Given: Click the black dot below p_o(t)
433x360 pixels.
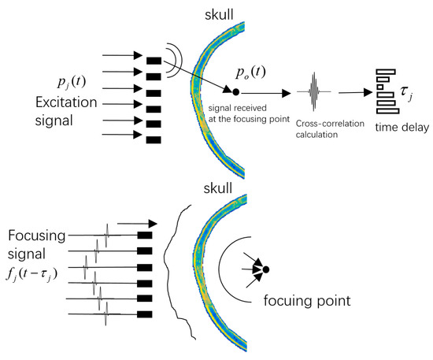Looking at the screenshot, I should pyautogui.click(x=236, y=93).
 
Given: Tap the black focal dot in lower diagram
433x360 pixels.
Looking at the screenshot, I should pyautogui.click(x=266, y=270).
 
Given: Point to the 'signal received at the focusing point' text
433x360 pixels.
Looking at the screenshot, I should pyautogui.click(x=250, y=111).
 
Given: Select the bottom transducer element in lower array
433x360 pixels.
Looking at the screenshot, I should pyautogui.click(x=144, y=316).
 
